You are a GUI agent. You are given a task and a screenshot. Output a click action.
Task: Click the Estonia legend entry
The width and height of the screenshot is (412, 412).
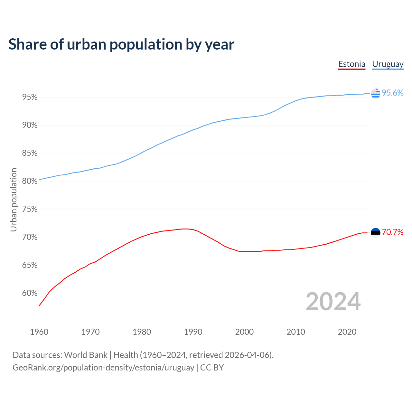(351, 64)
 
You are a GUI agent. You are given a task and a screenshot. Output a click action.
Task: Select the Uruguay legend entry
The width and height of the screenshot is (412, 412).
(388, 64)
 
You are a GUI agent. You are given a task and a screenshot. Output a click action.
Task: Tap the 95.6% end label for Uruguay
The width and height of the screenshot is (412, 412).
(392, 93)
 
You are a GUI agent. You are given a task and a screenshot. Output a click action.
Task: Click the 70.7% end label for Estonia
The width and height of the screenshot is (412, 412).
(392, 232)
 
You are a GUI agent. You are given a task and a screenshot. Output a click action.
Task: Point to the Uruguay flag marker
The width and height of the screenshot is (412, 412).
(375, 93)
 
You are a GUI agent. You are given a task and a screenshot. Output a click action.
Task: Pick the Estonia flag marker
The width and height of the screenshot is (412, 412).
(375, 232)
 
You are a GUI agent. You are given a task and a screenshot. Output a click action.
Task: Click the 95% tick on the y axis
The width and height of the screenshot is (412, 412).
(30, 97)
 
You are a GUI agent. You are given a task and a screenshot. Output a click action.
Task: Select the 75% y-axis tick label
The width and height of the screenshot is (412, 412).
(30, 209)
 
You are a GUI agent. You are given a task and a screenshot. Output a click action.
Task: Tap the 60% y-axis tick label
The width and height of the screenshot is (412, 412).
(30, 293)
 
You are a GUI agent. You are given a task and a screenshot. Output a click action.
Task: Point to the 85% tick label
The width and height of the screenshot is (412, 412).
(30, 153)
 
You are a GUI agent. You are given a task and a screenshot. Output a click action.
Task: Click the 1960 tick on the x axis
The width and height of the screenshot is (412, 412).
(39, 332)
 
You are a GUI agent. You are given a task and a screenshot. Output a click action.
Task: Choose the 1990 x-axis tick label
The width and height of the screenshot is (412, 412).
(193, 332)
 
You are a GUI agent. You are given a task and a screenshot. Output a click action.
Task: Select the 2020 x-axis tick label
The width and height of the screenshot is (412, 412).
(347, 332)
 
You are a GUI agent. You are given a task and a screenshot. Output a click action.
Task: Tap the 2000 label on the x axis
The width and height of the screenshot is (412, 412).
(244, 332)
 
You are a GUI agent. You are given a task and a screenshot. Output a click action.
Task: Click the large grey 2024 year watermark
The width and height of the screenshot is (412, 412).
(333, 302)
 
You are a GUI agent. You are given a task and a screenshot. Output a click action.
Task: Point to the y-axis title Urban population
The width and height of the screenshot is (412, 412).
(14, 200)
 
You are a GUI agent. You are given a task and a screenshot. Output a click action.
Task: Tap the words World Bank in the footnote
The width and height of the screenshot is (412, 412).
(86, 355)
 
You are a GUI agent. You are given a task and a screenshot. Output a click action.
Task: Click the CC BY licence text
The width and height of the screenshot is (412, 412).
(212, 368)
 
